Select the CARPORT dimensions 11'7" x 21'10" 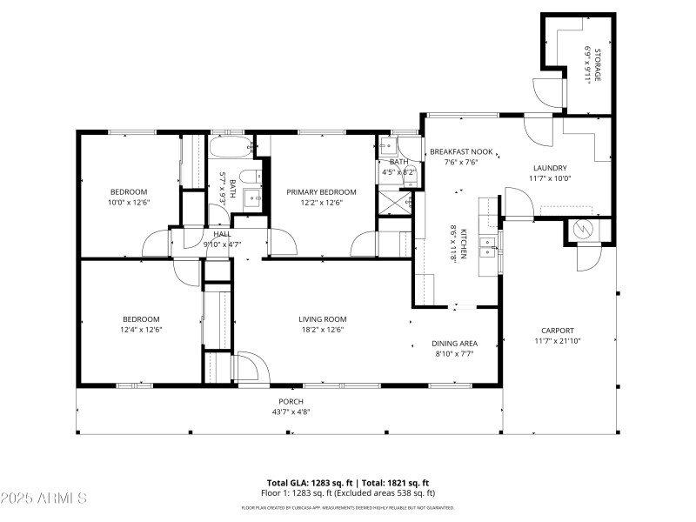(558, 341)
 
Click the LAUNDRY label (550, 168)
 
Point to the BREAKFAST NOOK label (461, 151)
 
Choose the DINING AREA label (455, 344)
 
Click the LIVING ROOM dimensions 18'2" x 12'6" (323, 330)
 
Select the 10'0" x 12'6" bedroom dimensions (129, 203)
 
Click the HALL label (222, 234)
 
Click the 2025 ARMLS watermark (43, 499)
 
